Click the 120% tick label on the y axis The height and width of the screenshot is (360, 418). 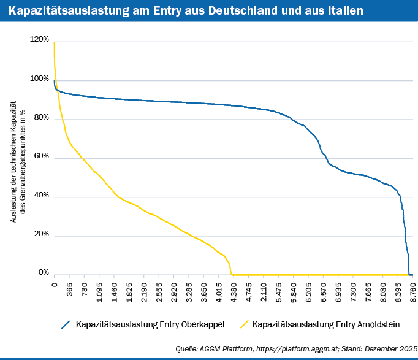pyautogui.click(x=39, y=40)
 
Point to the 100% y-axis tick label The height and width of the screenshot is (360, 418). pyautogui.click(x=39, y=79)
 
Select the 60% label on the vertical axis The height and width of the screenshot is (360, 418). pyautogui.click(x=40, y=157)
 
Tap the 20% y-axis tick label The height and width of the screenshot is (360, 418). pyautogui.click(x=40, y=235)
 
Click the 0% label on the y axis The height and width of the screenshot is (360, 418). pyautogui.click(x=43, y=272)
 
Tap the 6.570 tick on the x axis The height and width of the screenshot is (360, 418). pyautogui.click(x=323, y=291)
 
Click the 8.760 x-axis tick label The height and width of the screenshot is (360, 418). pyautogui.click(x=412, y=291)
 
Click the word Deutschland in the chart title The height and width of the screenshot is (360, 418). pyautogui.click(x=224, y=10)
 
